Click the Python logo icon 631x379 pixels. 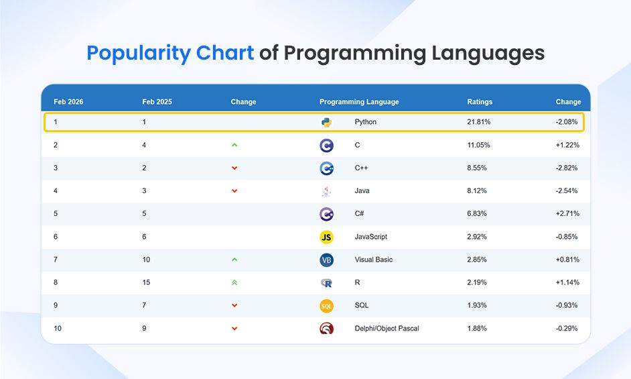tap(326, 122)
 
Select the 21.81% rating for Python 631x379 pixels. tap(478, 122)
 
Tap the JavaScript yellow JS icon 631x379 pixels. tap(326, 237)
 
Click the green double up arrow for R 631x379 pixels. tap(234, 282)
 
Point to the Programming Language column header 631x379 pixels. tap(359, 102)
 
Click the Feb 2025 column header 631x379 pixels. tap(157, 102)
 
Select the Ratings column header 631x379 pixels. tap(480, 102)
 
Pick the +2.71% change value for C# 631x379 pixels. tap(567, 213)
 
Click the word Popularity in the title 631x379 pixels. tap(170, 53)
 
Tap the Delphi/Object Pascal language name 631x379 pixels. tap(387, 328)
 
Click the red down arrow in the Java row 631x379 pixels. tap(234, 191)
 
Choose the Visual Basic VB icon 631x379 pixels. tap(326, 260)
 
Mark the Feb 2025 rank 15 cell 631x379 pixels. tap(146, 282)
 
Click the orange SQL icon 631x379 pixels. tap(326, 306)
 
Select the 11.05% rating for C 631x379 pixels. tap(478, 145)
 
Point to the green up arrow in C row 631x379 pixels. tap(234, 145)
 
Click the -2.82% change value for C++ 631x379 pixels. tap(567, 168)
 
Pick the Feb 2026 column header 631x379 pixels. tap(68, 102)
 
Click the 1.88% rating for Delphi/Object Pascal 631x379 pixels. tap(477, 328)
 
